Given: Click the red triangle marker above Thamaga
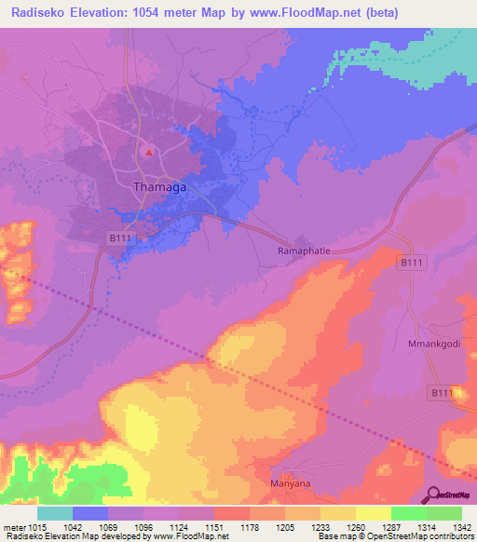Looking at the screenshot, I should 147,151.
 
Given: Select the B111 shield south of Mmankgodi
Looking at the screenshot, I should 441,394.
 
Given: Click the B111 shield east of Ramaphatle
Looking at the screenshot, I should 413,264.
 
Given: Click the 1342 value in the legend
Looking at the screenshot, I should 461,503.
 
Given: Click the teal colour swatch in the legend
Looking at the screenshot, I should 55,514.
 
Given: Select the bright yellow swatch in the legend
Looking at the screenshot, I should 373,514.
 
